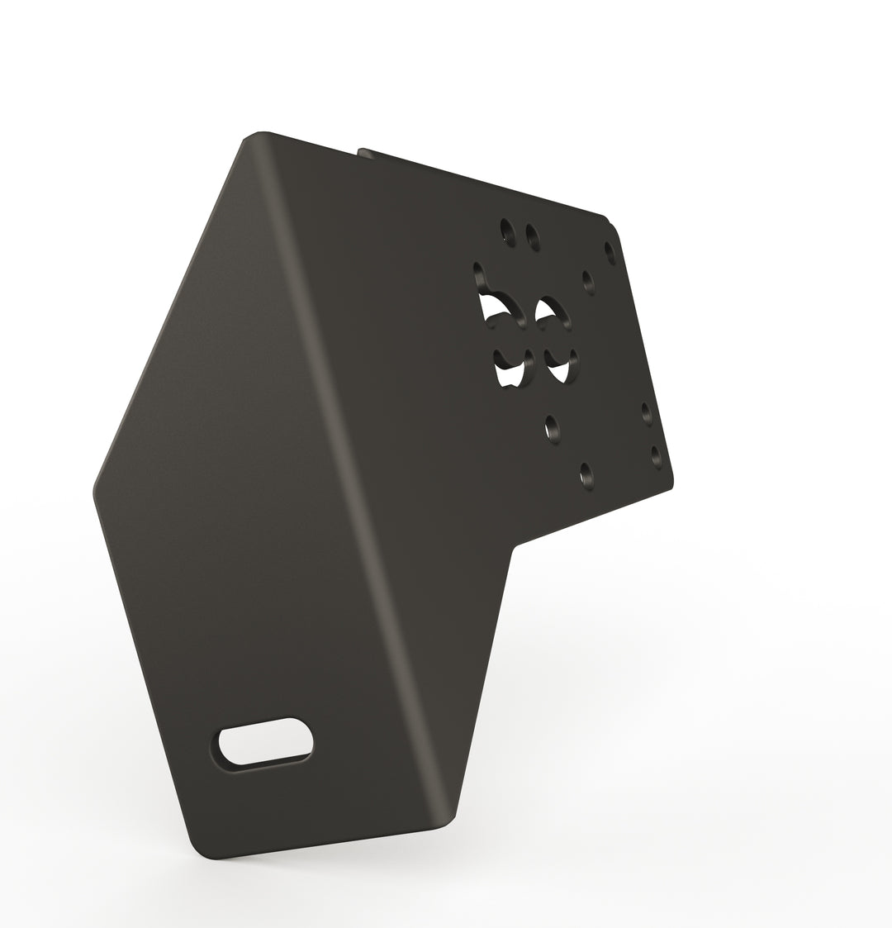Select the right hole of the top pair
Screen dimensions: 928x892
pos(533,237)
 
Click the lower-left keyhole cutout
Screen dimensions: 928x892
pos(510,368)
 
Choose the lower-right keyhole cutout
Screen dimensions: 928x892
pos(560,367)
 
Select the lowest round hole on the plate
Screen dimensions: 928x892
pos(586,474)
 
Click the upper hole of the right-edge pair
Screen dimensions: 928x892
pos(646,411)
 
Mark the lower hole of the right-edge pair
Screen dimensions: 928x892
pos(656,454)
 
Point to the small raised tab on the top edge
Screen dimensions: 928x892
pos(361,150)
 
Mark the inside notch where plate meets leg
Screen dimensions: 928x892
pos(515,547)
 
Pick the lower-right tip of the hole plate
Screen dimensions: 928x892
pos(671,483)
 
